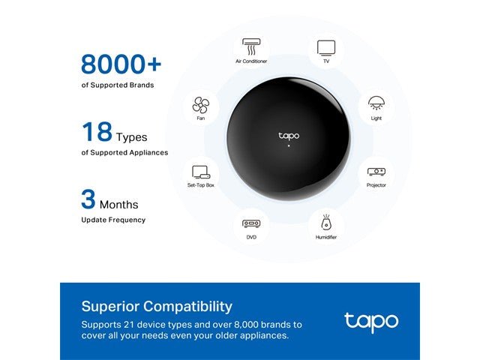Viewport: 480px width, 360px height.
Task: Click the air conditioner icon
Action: (x=251, y=46)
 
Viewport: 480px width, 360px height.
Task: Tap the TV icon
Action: (x=326, y=48)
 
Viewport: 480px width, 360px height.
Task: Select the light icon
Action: (x=376, y=103)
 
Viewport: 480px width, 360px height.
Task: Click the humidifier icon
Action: (x=326, y=223)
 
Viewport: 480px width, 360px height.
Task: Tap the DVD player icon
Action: (x=251, y=223)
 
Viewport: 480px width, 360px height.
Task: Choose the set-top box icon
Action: (x=201, y=171)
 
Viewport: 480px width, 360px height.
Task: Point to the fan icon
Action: (x=201, y=105)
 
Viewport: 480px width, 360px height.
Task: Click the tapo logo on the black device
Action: (x=289, y=136)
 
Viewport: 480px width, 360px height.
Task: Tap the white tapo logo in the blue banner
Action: (x=371, y=322)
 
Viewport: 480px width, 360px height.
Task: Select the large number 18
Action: (x=97, y=132)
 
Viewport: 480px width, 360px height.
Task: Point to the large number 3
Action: (x=88, y=199)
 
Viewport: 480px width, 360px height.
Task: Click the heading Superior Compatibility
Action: (x=157, y=306)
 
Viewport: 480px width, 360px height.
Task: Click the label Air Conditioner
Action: (x=251, y=61)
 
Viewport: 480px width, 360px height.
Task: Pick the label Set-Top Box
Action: (x=201, y=184)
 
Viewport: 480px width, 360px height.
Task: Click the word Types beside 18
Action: (x=132, y=137)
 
